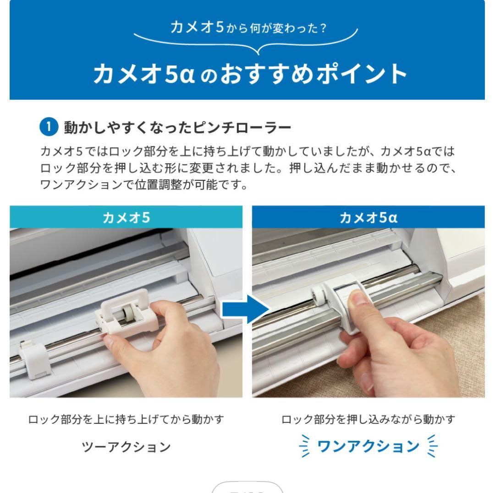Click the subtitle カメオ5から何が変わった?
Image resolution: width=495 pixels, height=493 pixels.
pos(248,28)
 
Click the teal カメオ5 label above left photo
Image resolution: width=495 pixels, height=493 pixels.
pos(126,217)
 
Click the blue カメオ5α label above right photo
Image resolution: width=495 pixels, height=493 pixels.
pos(368,217)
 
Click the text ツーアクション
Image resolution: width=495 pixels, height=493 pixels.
pos(126,446)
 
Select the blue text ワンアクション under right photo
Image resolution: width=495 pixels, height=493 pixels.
pos(368,446)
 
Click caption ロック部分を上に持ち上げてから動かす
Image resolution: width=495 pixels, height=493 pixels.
pos(126,419)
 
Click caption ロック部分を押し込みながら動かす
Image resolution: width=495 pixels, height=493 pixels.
pos(368,419)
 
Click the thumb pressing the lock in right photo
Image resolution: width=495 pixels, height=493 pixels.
pos(360,303)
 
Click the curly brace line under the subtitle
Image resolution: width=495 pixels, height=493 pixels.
pos(248,43)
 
